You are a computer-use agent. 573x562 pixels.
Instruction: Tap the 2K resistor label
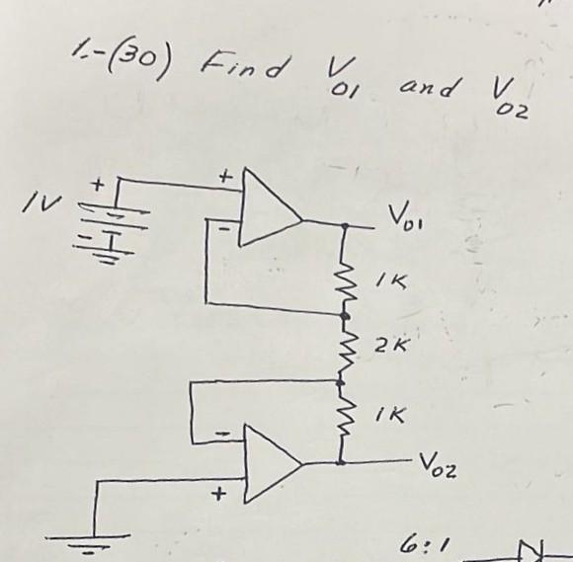pos(385,346)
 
